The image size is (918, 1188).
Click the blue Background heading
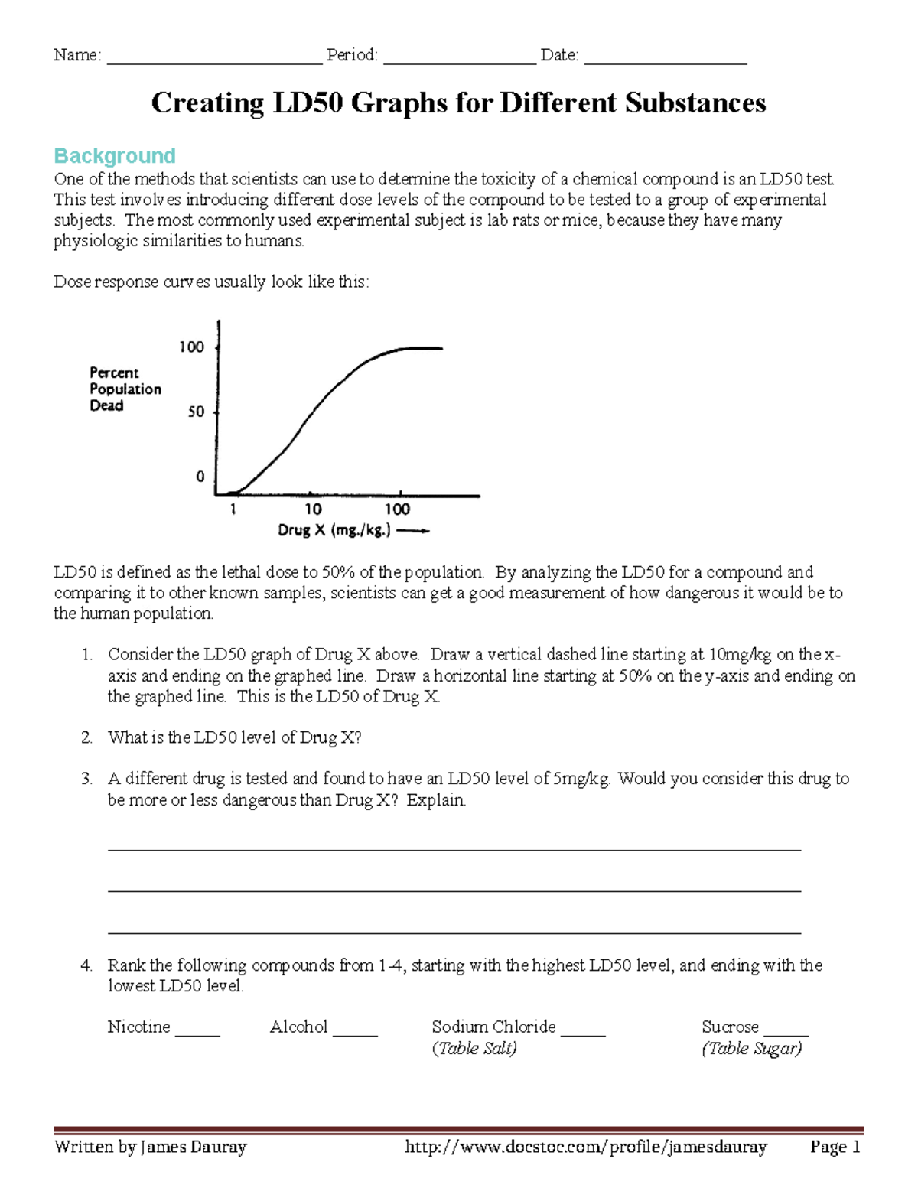point(115,156)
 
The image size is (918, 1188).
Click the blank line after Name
point(214,58)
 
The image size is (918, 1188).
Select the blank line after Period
point(459,58)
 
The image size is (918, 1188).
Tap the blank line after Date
point(665,58)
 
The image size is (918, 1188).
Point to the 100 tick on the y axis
point(191,347)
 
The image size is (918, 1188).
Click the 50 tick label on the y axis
point(197,412)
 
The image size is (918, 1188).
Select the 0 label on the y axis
point(200,477)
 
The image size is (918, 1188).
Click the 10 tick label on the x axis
point(313,509)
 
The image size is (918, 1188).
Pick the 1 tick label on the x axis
point(233,509)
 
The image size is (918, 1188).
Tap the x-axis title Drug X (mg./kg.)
point(334,530)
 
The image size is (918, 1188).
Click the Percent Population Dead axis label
point(125,389)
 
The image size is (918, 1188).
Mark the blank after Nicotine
point(197,1030)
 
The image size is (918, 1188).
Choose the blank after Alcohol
point(356,1030)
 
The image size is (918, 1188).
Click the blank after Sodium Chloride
point(583,1030)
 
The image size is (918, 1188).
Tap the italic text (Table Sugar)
point(752,1049)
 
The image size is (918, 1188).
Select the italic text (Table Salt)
point(474,1049)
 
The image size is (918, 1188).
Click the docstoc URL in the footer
point(585,1147)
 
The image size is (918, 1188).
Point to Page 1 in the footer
point(835,1147)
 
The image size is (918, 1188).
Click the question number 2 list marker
point(86,737)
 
